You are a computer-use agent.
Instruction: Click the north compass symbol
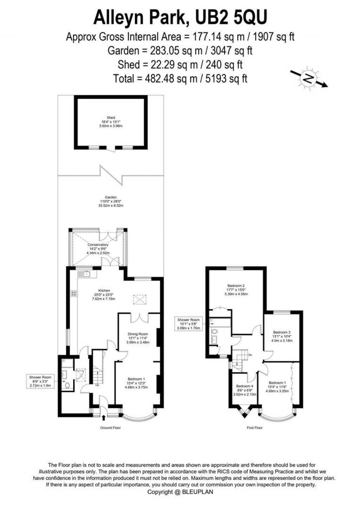[x=308, y=79]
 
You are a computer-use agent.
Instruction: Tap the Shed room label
[x=111, y=122]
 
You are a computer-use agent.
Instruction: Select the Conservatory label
[x=98, y=249]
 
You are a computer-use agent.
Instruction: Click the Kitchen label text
[x=104, y=294]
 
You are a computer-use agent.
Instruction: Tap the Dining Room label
[x=138, y=338]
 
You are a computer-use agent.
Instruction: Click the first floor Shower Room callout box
[x=188, y=324]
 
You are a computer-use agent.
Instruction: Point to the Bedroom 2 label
[x=236, y=290]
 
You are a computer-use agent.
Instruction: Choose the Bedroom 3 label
[x=282, y=336]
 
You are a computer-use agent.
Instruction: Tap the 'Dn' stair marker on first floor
[x=250, y=355]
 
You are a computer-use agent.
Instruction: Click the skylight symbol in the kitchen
[x=140, y=299]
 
